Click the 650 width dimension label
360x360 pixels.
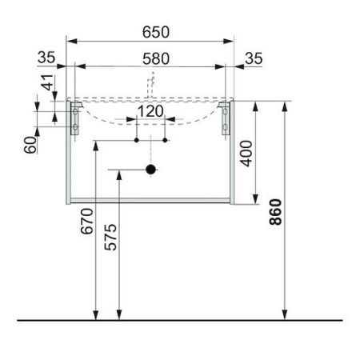[x=156, y=32]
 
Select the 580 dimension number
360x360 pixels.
[x=156, y=59]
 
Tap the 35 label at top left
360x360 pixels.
[x=46, y=58]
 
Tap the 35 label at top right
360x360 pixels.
[x=254, y=58]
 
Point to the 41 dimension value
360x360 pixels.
[x=47, y=82]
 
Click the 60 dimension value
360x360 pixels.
[x=30, y=145]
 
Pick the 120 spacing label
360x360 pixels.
[x=150, y=111]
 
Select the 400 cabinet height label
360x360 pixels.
[x=246, y=154]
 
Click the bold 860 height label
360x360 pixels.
[x=275, y=212]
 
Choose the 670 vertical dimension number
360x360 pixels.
[x=87, y=222]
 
